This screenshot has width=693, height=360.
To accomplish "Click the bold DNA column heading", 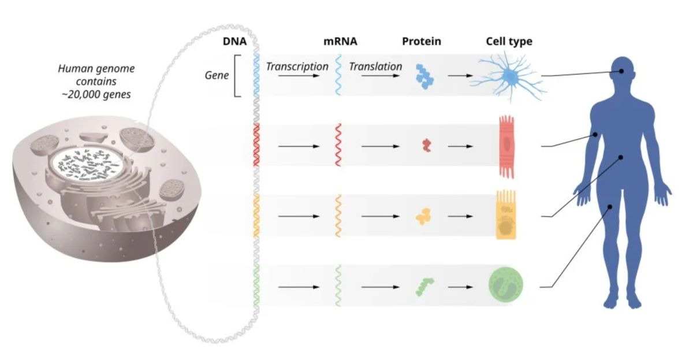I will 234,42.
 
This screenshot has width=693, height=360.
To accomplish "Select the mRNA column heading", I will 340,42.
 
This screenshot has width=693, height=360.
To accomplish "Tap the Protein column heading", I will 421,42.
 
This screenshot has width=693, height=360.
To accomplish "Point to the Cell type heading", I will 508,42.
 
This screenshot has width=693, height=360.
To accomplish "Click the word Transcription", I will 297,66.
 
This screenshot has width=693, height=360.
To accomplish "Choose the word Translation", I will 375,66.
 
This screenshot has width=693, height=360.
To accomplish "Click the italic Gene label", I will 218,76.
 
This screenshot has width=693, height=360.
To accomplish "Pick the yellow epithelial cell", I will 506,216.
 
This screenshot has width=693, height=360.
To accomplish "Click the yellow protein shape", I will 424,216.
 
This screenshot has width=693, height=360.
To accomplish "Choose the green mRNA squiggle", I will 338,285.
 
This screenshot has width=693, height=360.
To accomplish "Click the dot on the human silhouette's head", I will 622,72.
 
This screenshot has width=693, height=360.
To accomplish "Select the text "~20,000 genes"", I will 96,94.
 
